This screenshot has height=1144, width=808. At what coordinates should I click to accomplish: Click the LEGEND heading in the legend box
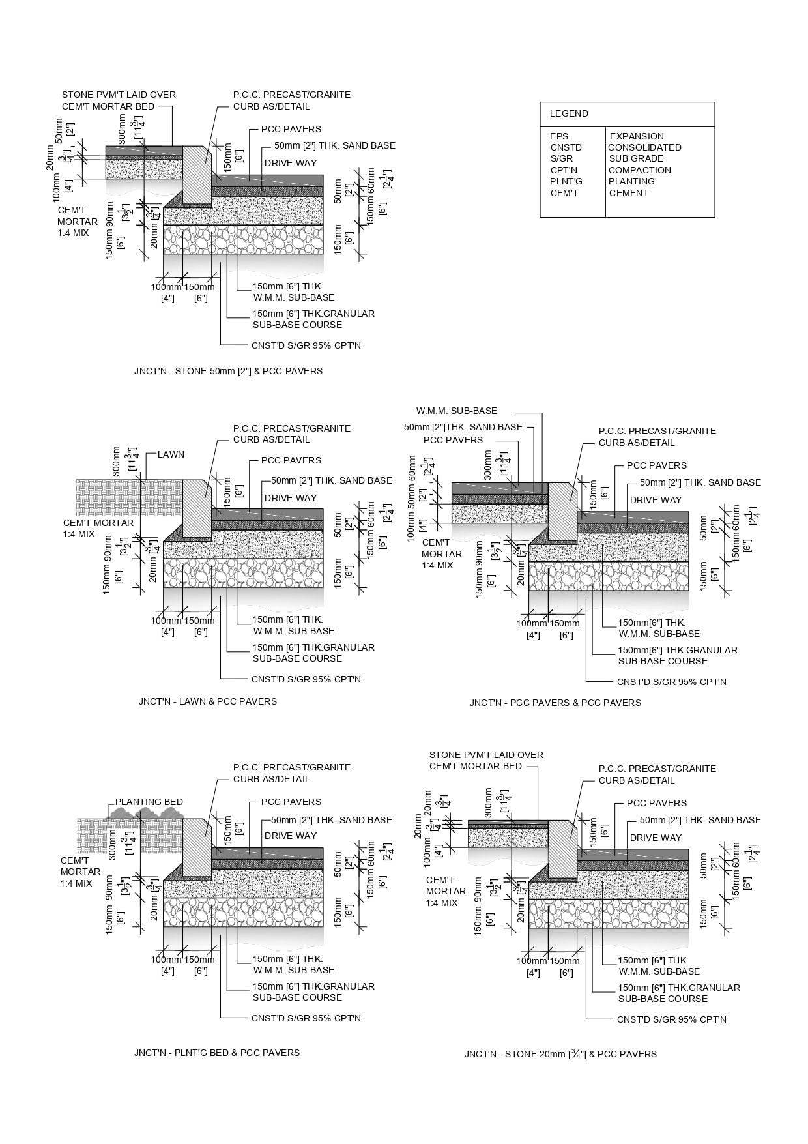pyautogui.click(x=569, y=113)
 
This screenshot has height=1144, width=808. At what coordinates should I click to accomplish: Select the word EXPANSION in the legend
pyautogui.click(x=637, y=136)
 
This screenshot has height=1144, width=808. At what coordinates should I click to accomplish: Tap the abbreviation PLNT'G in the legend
pyautogui.click(x=566, y=181)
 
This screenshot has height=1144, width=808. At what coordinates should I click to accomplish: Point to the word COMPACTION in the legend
pyautogui.click(x=639, y=170)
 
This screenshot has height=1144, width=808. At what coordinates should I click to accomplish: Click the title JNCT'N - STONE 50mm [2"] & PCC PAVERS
pyautogui.click(x=228, y=371)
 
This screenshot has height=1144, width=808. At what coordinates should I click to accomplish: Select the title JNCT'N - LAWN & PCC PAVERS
pyautogui.click(x=207, y=701)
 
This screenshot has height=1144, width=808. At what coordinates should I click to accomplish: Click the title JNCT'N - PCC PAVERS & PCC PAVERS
pyautogui.click(x=555, y=703)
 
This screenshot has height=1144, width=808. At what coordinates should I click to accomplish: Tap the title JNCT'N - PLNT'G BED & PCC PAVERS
pyautogui.click(x=217, y=1053)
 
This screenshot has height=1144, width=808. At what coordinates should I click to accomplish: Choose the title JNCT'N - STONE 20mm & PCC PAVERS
pyautogui.click(x=560, y=1054)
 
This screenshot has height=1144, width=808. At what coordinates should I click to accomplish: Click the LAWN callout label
pyautogui.click(x=171, y=454)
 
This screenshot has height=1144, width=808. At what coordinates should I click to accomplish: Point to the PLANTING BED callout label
pyautogui.click(x=149, y=802)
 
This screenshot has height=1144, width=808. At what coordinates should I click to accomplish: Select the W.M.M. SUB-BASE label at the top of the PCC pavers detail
pyautogui.click(x=456, y=411)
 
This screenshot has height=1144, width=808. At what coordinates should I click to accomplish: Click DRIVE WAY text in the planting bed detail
pyautogui.click(x=290, y=836)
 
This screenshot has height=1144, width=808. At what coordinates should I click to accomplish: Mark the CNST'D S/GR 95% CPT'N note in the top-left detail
pyautogui.click(x=306, y=345)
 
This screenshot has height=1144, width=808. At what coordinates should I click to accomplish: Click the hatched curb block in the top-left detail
pyautogui.click(x=195, y=173)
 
